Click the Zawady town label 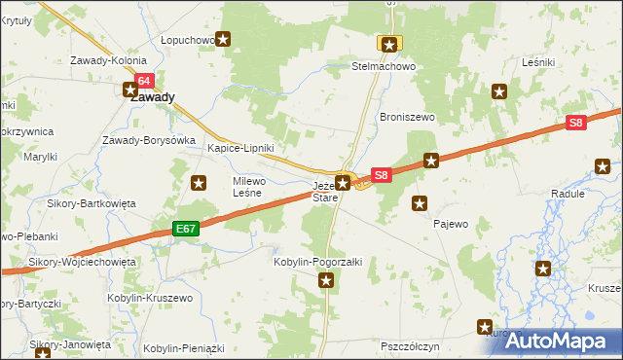click(153, 97)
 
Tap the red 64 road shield click(144, 81)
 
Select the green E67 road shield click(187, 229)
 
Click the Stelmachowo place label click(384, 67)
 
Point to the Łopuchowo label click(188, 40)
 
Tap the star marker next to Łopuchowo click(224, 40)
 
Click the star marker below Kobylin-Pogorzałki click(327, 281)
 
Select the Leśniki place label click(538, 61)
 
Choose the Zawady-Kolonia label click(108, 60)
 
